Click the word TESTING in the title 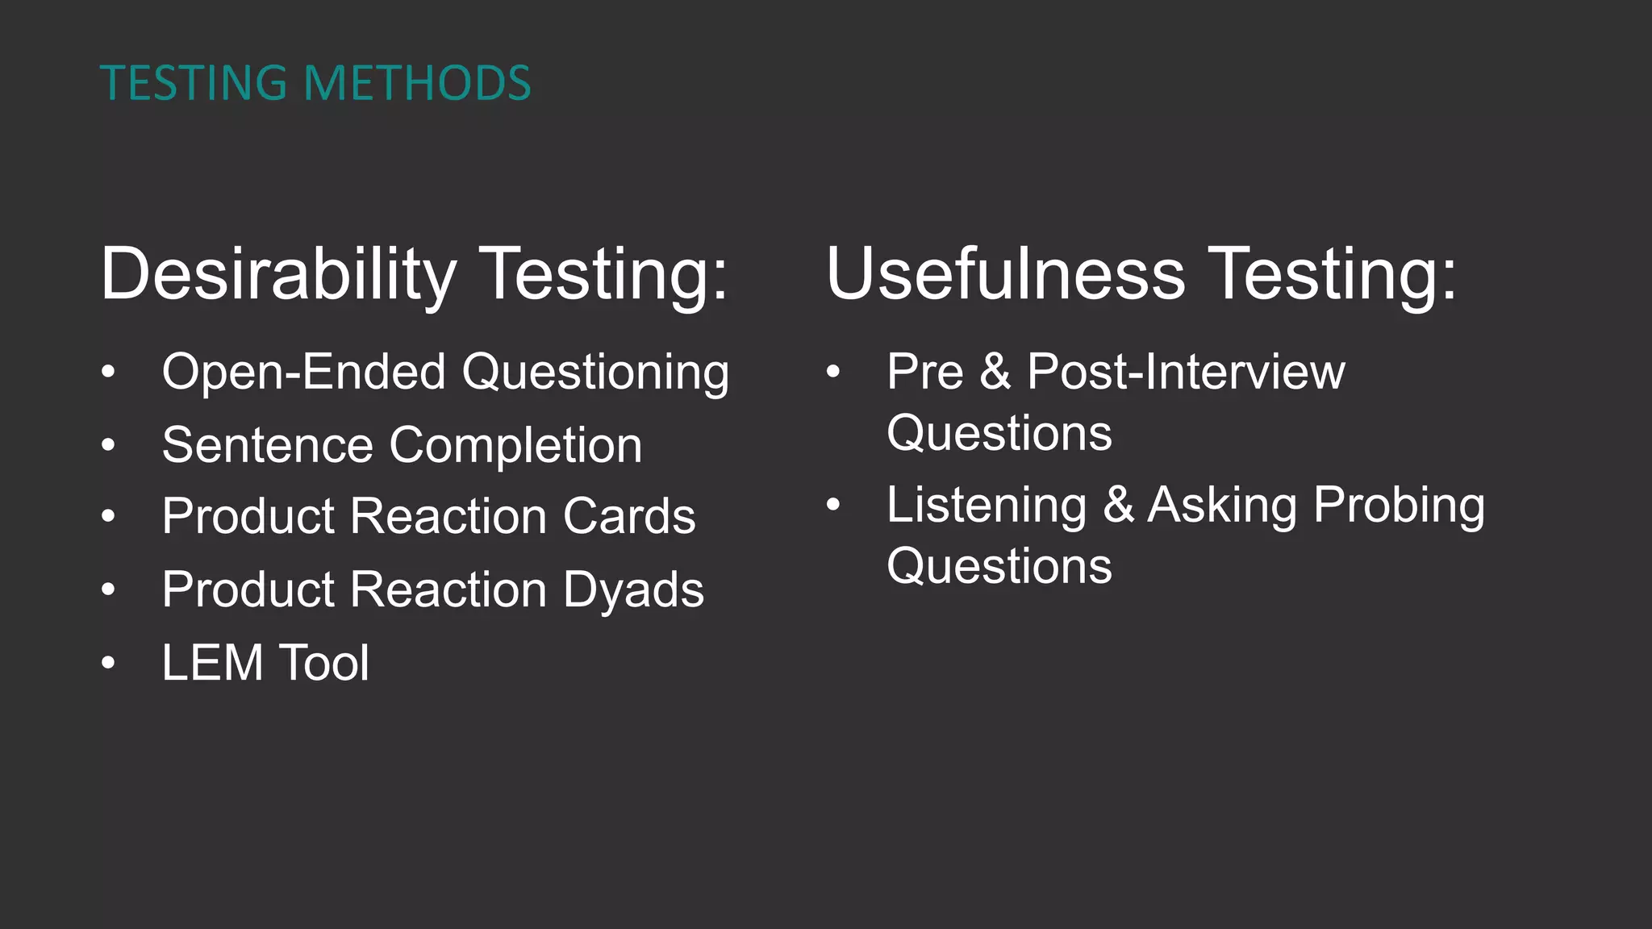(194, 83)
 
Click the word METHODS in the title (417, 83)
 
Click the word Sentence (267, 445)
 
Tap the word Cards (628, 516)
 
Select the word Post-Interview (1186, 373)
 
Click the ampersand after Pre (995, 373)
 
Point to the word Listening (987, 506)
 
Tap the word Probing (1399, 506)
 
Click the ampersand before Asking (1118, 505)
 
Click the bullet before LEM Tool (109, 663)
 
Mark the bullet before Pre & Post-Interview (833, 372)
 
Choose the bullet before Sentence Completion (109, 444)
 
